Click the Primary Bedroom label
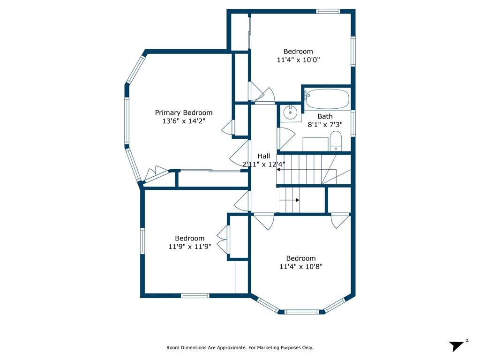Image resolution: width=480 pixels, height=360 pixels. (x=184, y=112)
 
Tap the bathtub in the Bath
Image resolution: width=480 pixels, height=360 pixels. (x=327, y=99)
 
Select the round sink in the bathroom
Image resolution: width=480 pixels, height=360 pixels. (x=290, y=112)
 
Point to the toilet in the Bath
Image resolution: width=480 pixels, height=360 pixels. (x=336, y=141)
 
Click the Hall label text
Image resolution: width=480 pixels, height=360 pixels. (x=264, y=156)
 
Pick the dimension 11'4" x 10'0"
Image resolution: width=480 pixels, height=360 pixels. (x=298, y=60)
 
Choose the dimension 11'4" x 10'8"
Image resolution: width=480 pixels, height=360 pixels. (x=301, y=267)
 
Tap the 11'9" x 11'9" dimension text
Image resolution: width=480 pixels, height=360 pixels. (x=190, y=247)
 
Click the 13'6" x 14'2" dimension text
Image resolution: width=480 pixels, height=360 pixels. (x=184, y=121)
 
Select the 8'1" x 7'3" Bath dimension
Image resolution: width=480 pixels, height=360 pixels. (x=325, y=125)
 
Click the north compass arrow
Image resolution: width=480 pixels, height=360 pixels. (x=457, y=346)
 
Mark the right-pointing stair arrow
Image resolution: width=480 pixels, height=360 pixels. (x=289, y=200)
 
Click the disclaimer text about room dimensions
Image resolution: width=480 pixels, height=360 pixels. (x=240, y=347)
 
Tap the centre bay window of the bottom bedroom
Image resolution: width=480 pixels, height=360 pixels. (x=301, y=312)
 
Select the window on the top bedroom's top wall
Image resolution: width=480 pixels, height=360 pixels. (x=328, y=11)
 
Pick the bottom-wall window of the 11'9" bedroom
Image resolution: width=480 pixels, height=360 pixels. (x=195, y=295)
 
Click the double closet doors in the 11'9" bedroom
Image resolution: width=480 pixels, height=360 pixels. (x=223, y=240)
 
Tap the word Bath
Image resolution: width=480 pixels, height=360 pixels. (x=325, y=116)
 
